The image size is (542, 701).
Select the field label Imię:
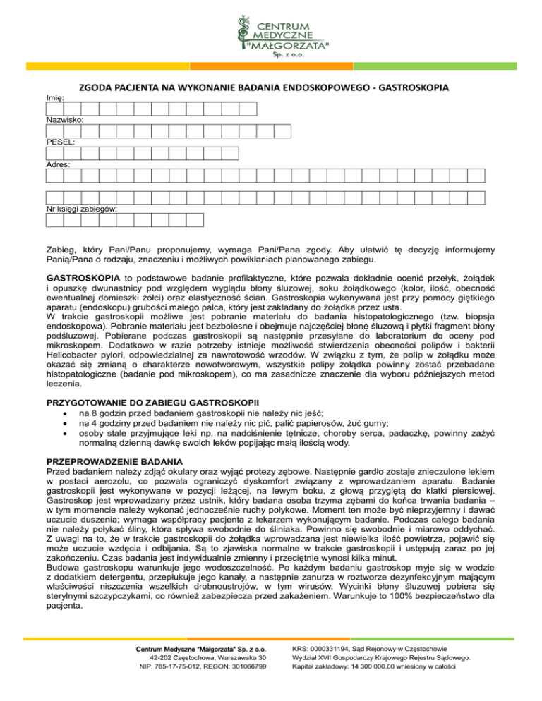[x=54, y=99]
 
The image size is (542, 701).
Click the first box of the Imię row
[x=54, y=109]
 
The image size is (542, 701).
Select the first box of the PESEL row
[x=54, y=152]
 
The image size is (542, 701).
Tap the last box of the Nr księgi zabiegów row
[x=195, y=220]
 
